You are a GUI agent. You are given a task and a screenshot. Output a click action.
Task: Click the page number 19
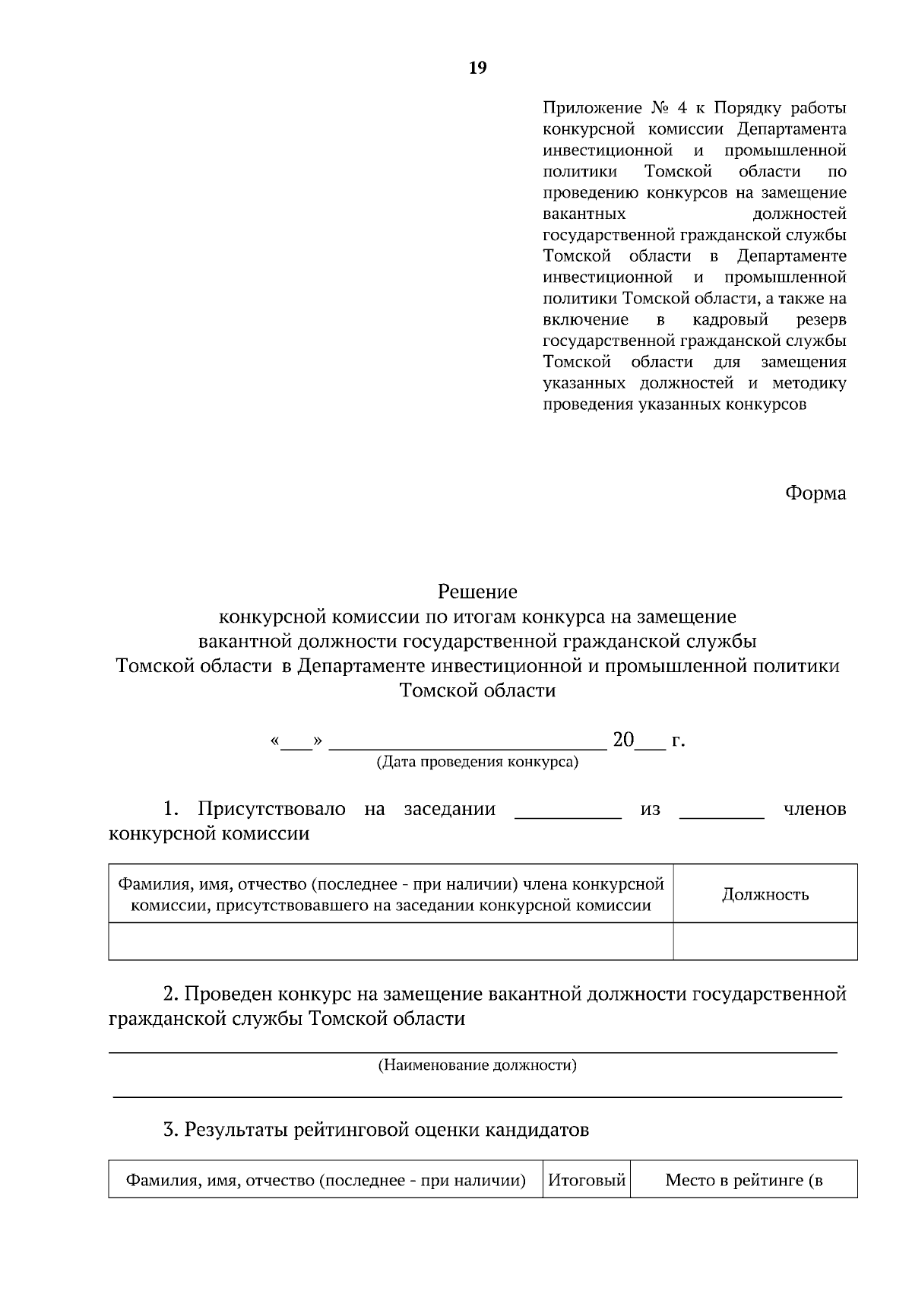point(477,68)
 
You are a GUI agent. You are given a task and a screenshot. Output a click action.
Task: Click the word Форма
point(815,493)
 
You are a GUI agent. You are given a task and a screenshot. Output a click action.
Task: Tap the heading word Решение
point(477,592)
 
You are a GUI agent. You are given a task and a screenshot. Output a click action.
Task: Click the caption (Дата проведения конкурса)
point(477,762)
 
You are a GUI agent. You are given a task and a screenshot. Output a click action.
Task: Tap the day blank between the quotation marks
point(297,744)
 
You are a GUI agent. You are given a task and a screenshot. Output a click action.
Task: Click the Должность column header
point(765,895)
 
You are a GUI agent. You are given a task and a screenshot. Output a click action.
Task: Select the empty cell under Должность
point(765,941)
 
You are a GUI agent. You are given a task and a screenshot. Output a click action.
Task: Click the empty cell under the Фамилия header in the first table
point(391,941)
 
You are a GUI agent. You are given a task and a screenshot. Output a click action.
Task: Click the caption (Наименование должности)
point(477,1065)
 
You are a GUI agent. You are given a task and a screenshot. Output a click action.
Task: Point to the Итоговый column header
point(587,1181)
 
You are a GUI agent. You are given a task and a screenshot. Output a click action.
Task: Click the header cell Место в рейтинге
point(743,1181)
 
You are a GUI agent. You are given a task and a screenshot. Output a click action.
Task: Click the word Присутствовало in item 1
point(271,809)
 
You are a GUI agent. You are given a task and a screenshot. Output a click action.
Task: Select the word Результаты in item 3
point(231,1130)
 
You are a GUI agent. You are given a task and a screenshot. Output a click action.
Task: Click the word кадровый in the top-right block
point(730,319)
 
